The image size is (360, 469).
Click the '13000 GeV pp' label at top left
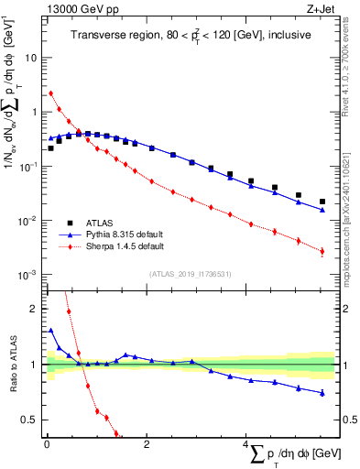click(x=76, y=8)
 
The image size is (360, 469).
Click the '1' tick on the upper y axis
click(x=36, y=112)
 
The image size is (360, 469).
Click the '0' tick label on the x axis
click(x=46, y=442)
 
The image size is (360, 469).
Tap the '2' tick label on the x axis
click(x=146, y=442)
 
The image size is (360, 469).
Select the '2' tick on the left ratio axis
click(x=36, y=309)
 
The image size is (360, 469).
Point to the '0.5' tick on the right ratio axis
click(x=349, y=420)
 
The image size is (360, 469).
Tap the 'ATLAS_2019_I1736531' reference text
click(x=190, y=274)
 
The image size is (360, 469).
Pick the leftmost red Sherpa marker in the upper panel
click(x=51, y=93)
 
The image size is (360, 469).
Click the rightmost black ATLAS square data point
click(x=322, y=202)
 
